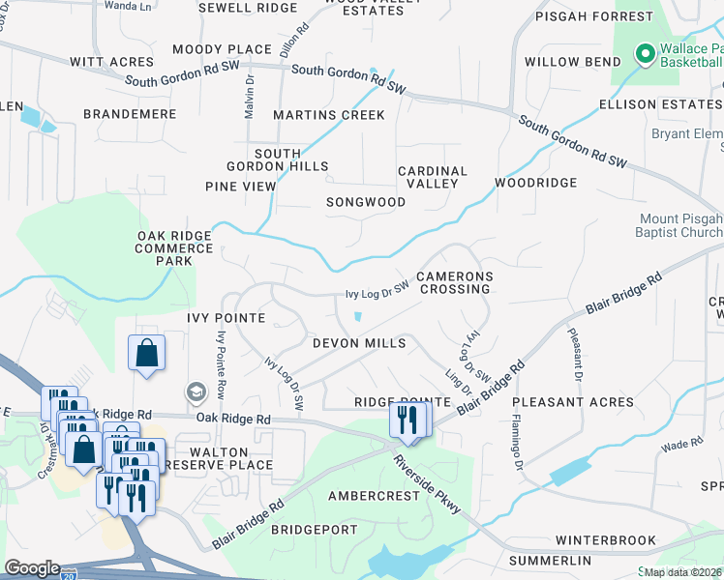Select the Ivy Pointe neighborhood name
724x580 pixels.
coord(220,317)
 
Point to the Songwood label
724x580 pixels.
coord(365,202)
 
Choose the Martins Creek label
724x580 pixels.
coord(328,115)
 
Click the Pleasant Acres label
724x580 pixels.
coord(572,401)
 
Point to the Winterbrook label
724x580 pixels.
coord(605,540)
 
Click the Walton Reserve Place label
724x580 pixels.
coord(219,458)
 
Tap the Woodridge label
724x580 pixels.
coord(535,182)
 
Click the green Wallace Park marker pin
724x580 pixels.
coord(643,54)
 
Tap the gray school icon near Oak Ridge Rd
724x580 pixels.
coord(196,391)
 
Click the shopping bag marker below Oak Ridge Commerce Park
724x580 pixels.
coord(146,353)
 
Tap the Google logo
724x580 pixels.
coord(33,568)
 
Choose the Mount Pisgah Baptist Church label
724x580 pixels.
coord(681,225)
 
